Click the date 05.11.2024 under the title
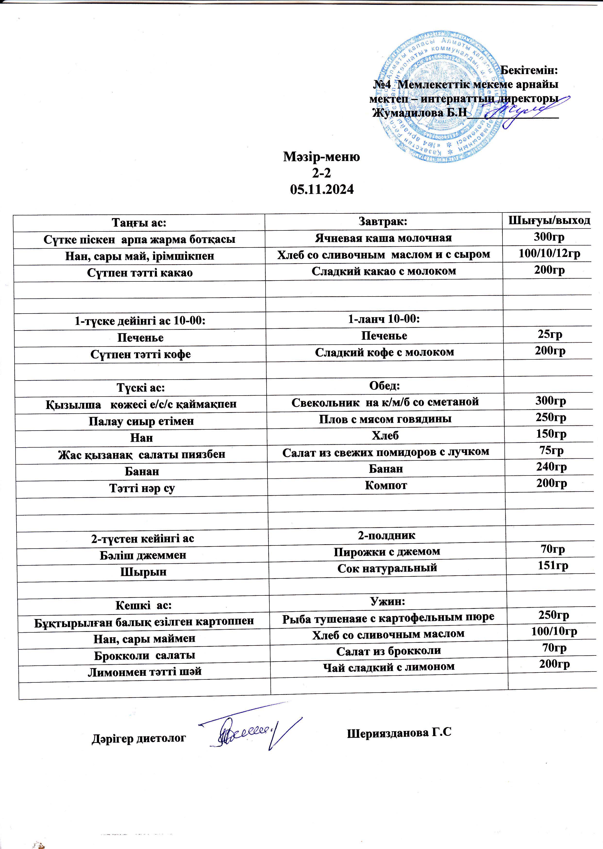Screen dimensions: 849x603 [322, 189]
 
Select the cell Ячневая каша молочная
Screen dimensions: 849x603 [383, 238]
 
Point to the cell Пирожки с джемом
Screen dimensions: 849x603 [386, 552]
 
